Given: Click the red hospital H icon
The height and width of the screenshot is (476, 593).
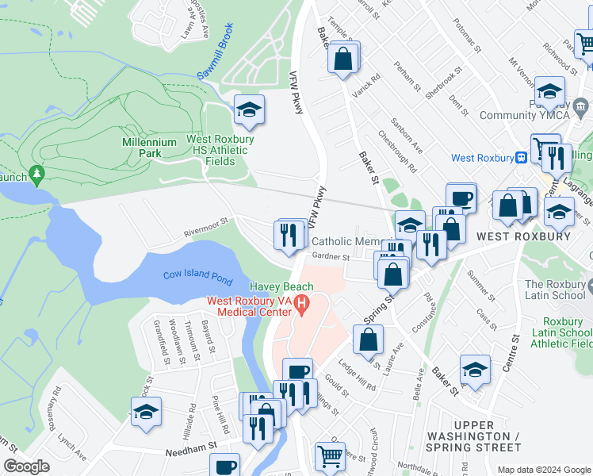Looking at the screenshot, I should [300, 303].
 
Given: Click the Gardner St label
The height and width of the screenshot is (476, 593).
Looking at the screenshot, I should [331, 257].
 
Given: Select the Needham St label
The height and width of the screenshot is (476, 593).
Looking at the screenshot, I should [190, 451].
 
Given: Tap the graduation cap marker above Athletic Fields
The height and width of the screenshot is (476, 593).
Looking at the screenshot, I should [249, 109].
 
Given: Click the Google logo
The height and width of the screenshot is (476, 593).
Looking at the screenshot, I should [26, 466].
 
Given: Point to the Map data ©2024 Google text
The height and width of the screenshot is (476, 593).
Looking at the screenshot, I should [544, 470].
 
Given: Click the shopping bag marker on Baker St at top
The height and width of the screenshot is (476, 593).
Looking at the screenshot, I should [343, 57].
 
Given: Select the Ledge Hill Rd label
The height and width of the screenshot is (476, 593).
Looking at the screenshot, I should [357, 376].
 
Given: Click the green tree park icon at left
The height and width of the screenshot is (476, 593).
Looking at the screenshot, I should [35, 172].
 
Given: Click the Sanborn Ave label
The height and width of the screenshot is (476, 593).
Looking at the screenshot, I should [407, 142].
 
